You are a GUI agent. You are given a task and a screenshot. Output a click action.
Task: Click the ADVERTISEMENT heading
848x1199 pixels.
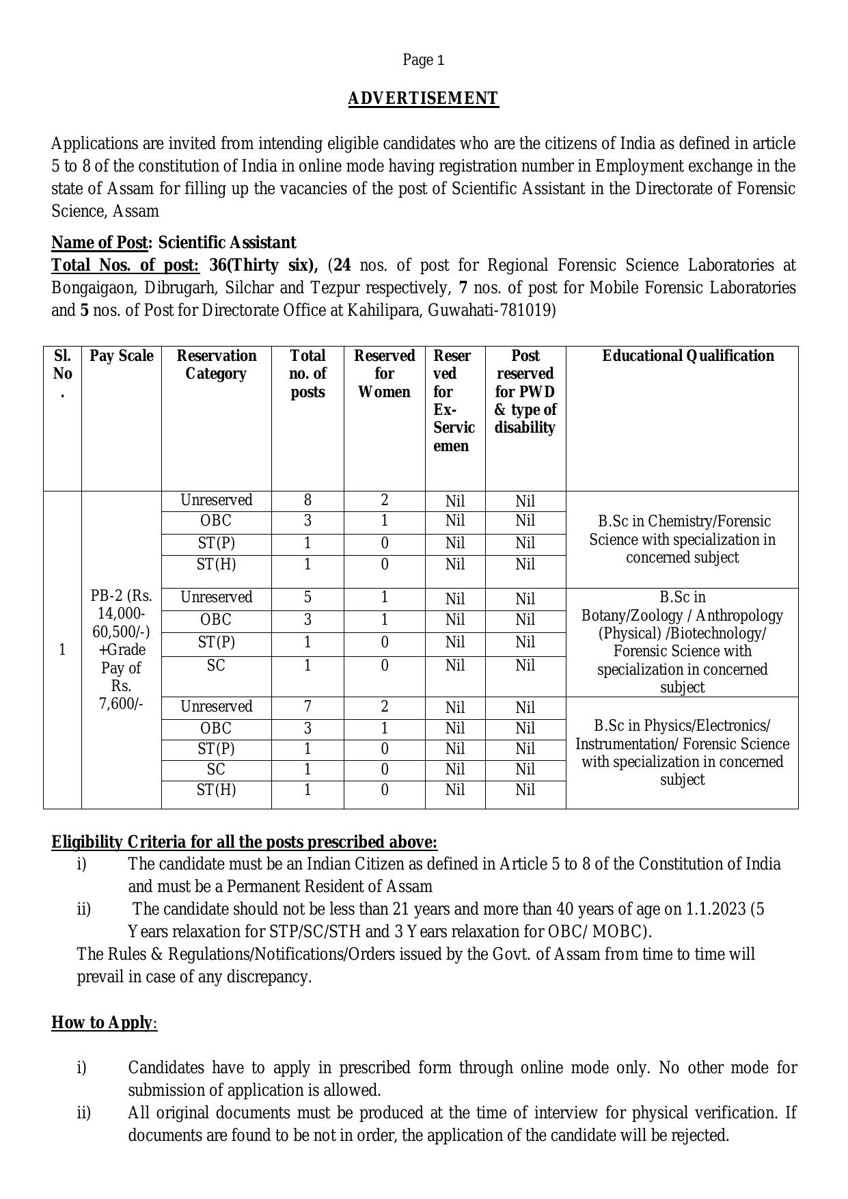[x=423, y=98]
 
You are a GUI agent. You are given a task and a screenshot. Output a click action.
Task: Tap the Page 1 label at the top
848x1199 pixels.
[x=423, y=60]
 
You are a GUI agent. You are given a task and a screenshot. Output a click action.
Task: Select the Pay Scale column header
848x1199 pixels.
[x=121, y=356]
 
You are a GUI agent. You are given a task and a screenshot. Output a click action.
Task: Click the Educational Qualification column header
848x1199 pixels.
[x=687, y=356]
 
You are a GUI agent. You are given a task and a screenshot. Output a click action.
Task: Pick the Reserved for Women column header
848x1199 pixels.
[x=384, y=374]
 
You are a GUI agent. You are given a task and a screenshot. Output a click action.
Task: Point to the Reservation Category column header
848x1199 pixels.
[x=216, y=365]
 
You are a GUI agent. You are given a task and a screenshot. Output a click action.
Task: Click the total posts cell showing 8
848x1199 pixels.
[x=307, y=500]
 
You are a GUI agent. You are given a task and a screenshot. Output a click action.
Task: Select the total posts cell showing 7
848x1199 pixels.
[x=307, y=707]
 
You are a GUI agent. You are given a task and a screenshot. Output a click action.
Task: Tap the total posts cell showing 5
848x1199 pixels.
[x=307, y=597]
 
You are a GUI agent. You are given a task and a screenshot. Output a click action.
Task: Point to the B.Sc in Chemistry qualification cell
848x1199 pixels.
[x=682, y=539]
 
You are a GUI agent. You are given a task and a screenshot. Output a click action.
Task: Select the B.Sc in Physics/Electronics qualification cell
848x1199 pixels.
[x=682, y=753]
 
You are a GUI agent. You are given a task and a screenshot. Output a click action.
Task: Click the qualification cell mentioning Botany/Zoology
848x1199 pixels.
[x=682, y=642]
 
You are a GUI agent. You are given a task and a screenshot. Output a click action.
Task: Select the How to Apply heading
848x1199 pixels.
[x=102, y=1023]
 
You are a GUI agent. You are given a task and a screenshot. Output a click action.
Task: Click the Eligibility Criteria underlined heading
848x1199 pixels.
[x=244, y=842]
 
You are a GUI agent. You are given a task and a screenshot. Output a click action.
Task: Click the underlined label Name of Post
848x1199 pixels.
[x=100, y=243]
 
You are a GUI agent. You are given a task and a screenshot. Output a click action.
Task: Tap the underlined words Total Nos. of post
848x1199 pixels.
[x=125, y=265]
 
